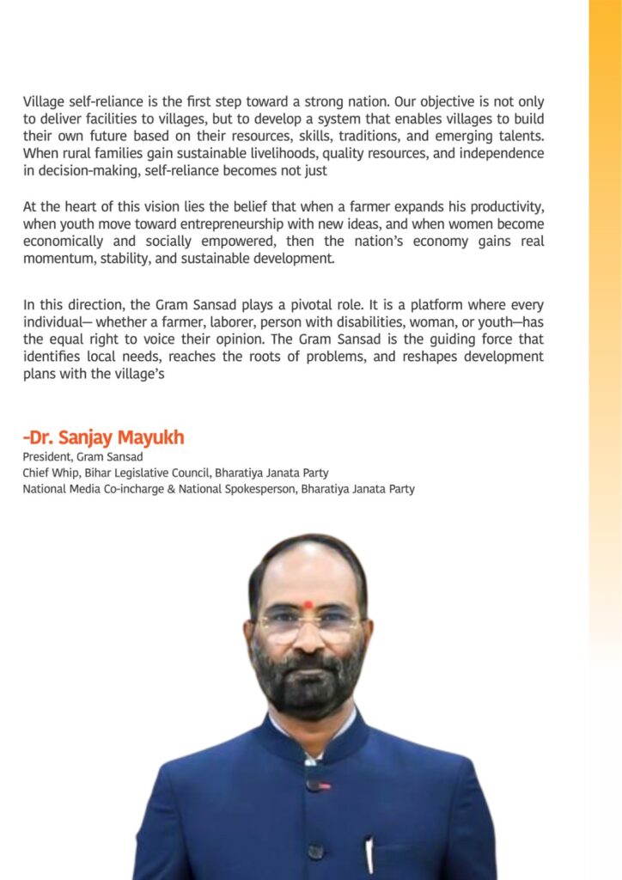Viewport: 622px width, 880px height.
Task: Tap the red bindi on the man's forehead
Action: pos(308,603)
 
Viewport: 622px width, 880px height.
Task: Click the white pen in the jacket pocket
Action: pos(369,854)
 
